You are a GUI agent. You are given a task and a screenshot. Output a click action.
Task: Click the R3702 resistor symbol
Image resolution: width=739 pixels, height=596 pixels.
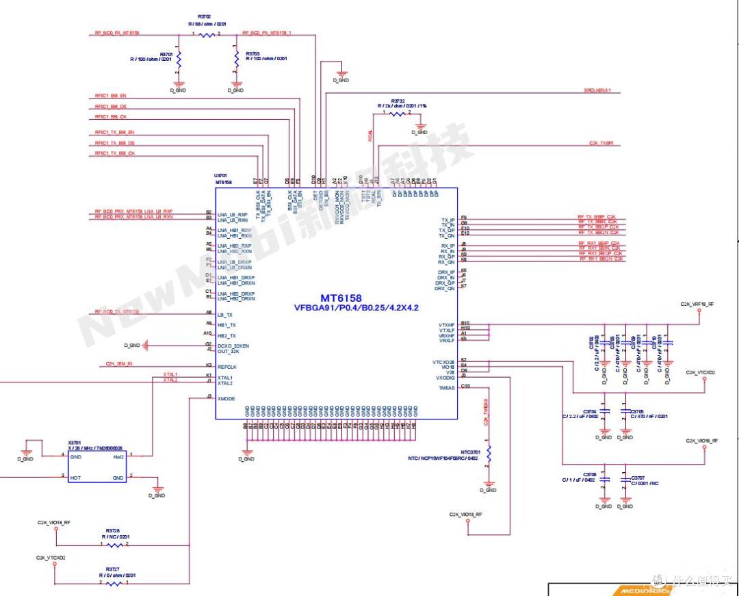[x=207, y=34]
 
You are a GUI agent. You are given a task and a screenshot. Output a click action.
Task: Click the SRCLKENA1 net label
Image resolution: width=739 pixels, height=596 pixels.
[x=597, y=90]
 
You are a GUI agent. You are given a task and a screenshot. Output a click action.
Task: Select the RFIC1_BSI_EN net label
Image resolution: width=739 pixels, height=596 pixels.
[x=110, y=96]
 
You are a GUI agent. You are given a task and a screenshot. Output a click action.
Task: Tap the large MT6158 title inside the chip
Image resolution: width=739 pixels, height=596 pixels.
[x=341, y=298]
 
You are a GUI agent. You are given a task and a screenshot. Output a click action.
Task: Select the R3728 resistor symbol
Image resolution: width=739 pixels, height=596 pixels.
[x=114, y=545]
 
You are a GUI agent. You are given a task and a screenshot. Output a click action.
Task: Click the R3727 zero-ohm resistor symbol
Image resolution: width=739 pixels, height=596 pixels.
[x=114, y=584]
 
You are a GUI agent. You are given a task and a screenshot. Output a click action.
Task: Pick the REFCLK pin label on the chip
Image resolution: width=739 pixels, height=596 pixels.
[x=226, y=366]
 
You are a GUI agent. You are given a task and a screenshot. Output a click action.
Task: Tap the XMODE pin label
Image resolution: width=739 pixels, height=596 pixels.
[x=226, y=398]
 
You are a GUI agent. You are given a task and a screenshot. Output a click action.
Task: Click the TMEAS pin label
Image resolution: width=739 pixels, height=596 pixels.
[x=446, y=388]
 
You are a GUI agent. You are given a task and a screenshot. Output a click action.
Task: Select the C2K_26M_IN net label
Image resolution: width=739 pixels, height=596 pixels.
[x=119, y=363]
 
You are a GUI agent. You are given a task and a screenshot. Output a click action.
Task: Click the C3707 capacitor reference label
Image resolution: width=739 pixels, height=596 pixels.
[x=638, y=477]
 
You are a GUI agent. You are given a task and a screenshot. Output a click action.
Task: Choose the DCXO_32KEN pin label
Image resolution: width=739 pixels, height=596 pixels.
[x=233, y=346]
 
